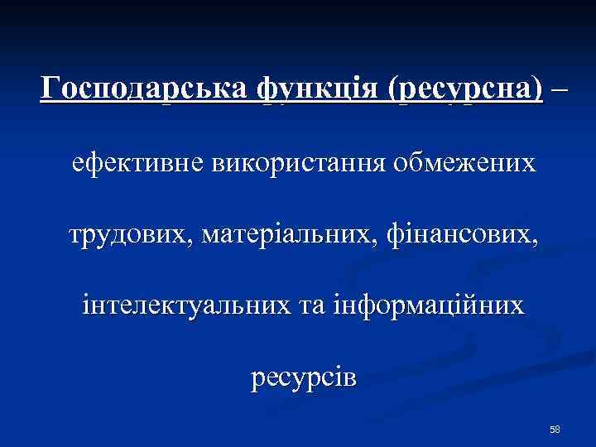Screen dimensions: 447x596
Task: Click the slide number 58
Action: click(555, 429)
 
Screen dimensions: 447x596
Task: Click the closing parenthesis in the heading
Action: click(540, 88)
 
